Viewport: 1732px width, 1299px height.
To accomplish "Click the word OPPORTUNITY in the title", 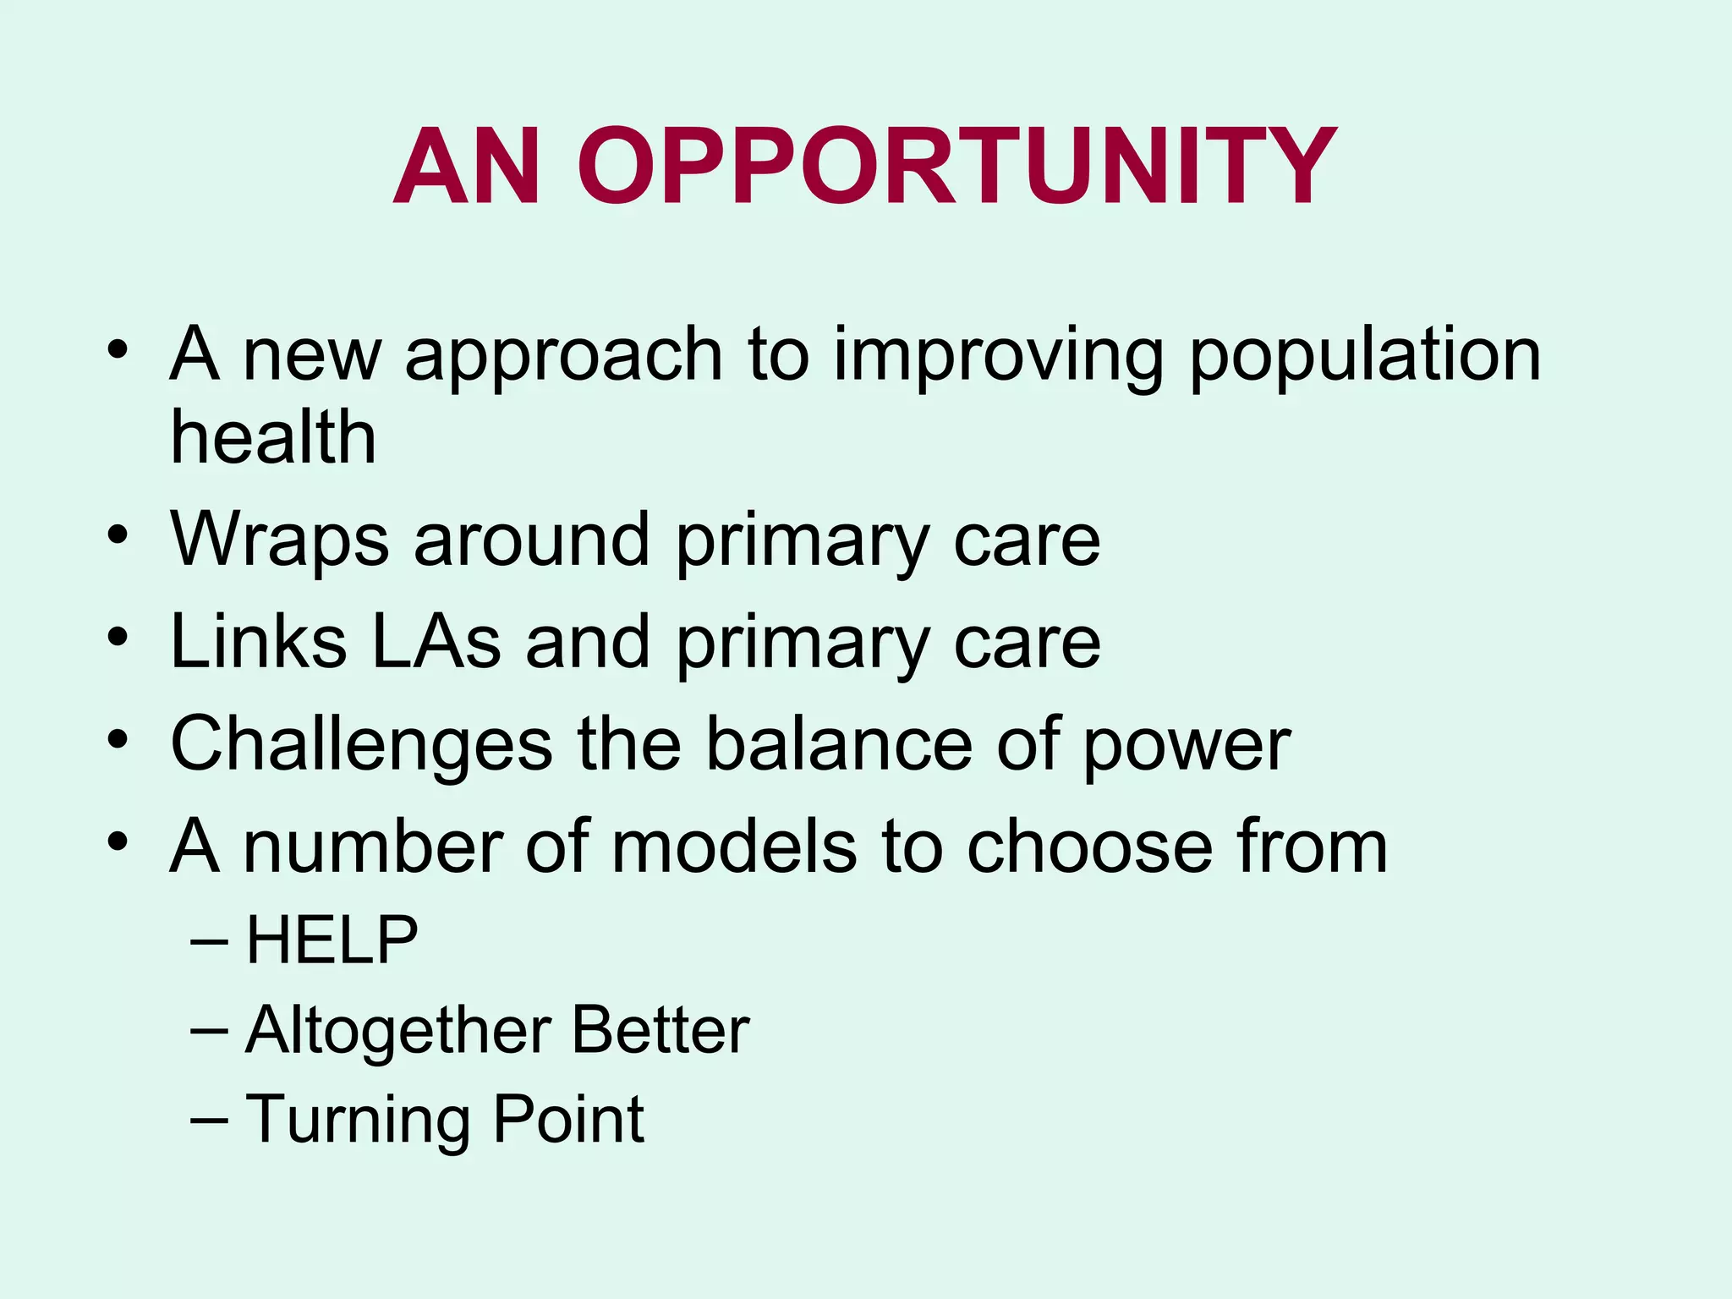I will coord(957,167).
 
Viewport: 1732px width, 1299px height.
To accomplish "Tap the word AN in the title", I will coord(467,167).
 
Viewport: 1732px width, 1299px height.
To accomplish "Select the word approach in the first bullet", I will coord(564,357).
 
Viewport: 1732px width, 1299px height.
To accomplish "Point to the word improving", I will coord(999,357).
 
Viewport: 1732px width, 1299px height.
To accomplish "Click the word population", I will coord(1365,357).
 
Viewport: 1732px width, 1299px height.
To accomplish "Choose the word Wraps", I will coord(280,541).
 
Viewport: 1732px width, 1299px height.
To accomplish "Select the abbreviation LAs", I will coord(436,642).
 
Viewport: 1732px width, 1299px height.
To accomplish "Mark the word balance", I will coord(839,744).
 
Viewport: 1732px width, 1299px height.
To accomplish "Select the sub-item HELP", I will coord(332,940).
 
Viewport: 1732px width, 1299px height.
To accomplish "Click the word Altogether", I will coord(398,1032).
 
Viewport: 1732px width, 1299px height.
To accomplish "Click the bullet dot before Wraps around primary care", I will coord(118,534).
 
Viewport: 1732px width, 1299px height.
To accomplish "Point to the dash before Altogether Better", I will coord(210,1030).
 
